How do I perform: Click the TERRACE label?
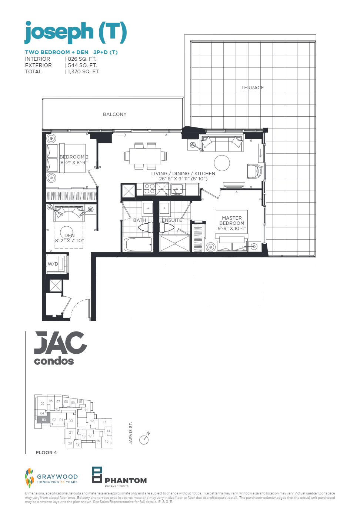(253, 88)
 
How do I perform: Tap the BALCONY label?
(115, 114)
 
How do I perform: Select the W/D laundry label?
(53, 264)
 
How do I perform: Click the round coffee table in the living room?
(222, 163)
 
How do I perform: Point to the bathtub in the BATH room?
(137, 245)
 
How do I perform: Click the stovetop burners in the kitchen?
(150, 189)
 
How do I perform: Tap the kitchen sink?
(177, 189)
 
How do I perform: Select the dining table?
(145, 156)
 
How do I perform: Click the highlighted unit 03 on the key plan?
(44, 420)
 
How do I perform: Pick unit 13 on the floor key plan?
(105, 423)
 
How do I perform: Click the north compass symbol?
(144, 439)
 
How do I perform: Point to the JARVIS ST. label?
(131, 433)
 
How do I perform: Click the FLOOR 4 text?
(46, 453)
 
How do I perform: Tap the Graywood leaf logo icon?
(29, 477)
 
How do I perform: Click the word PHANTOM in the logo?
(126, 481)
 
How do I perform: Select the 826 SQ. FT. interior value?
(82, 59)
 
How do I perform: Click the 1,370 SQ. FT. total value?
(84, 72)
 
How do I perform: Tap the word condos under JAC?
(54, 361)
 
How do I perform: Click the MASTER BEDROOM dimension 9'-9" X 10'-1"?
(232, 229)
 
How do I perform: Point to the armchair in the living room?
(254, 171)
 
